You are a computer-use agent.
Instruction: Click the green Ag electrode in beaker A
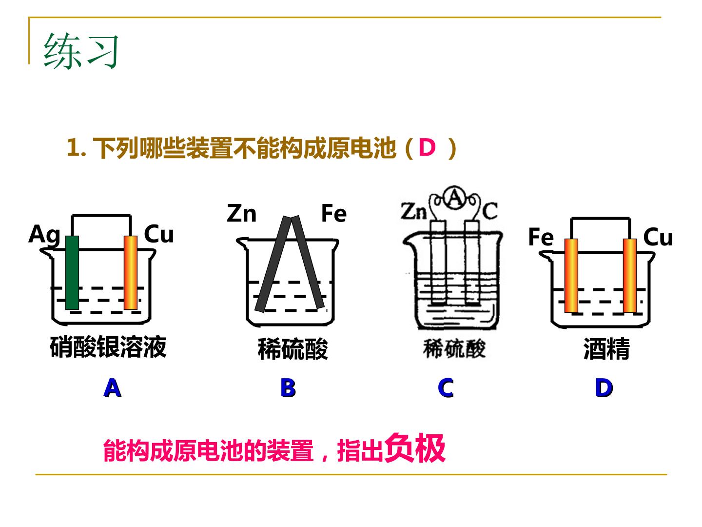(x=72, y=273)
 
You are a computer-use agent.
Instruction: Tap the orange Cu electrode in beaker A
(x=131, y=273)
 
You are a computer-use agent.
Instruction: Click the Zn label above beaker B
(x=241, y=213)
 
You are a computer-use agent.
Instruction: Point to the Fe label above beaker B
(x=333, y=213)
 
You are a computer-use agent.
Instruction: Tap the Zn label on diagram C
(x=414, y=211)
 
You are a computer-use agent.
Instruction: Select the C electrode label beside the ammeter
(x=489, y=211)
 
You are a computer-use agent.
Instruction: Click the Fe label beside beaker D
(x=541, y=237)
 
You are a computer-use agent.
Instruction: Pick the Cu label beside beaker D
(x=658, y=237)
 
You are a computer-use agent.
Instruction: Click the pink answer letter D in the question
(x=427, y=147)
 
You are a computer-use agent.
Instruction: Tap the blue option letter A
(x=112, y=388)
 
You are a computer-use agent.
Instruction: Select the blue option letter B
(x=288, y=388)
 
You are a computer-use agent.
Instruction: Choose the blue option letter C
(x=446, y=388)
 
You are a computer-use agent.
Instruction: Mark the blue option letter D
(x=604, y=388)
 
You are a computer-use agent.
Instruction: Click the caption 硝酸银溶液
(x=108, y=347)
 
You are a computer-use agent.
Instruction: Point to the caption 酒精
(x=606, y=349)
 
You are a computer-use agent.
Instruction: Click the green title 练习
(x=81, y=51)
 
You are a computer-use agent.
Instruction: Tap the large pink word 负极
(x=415, y=448)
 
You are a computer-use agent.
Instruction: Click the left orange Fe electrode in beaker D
(x=571, y=276)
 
